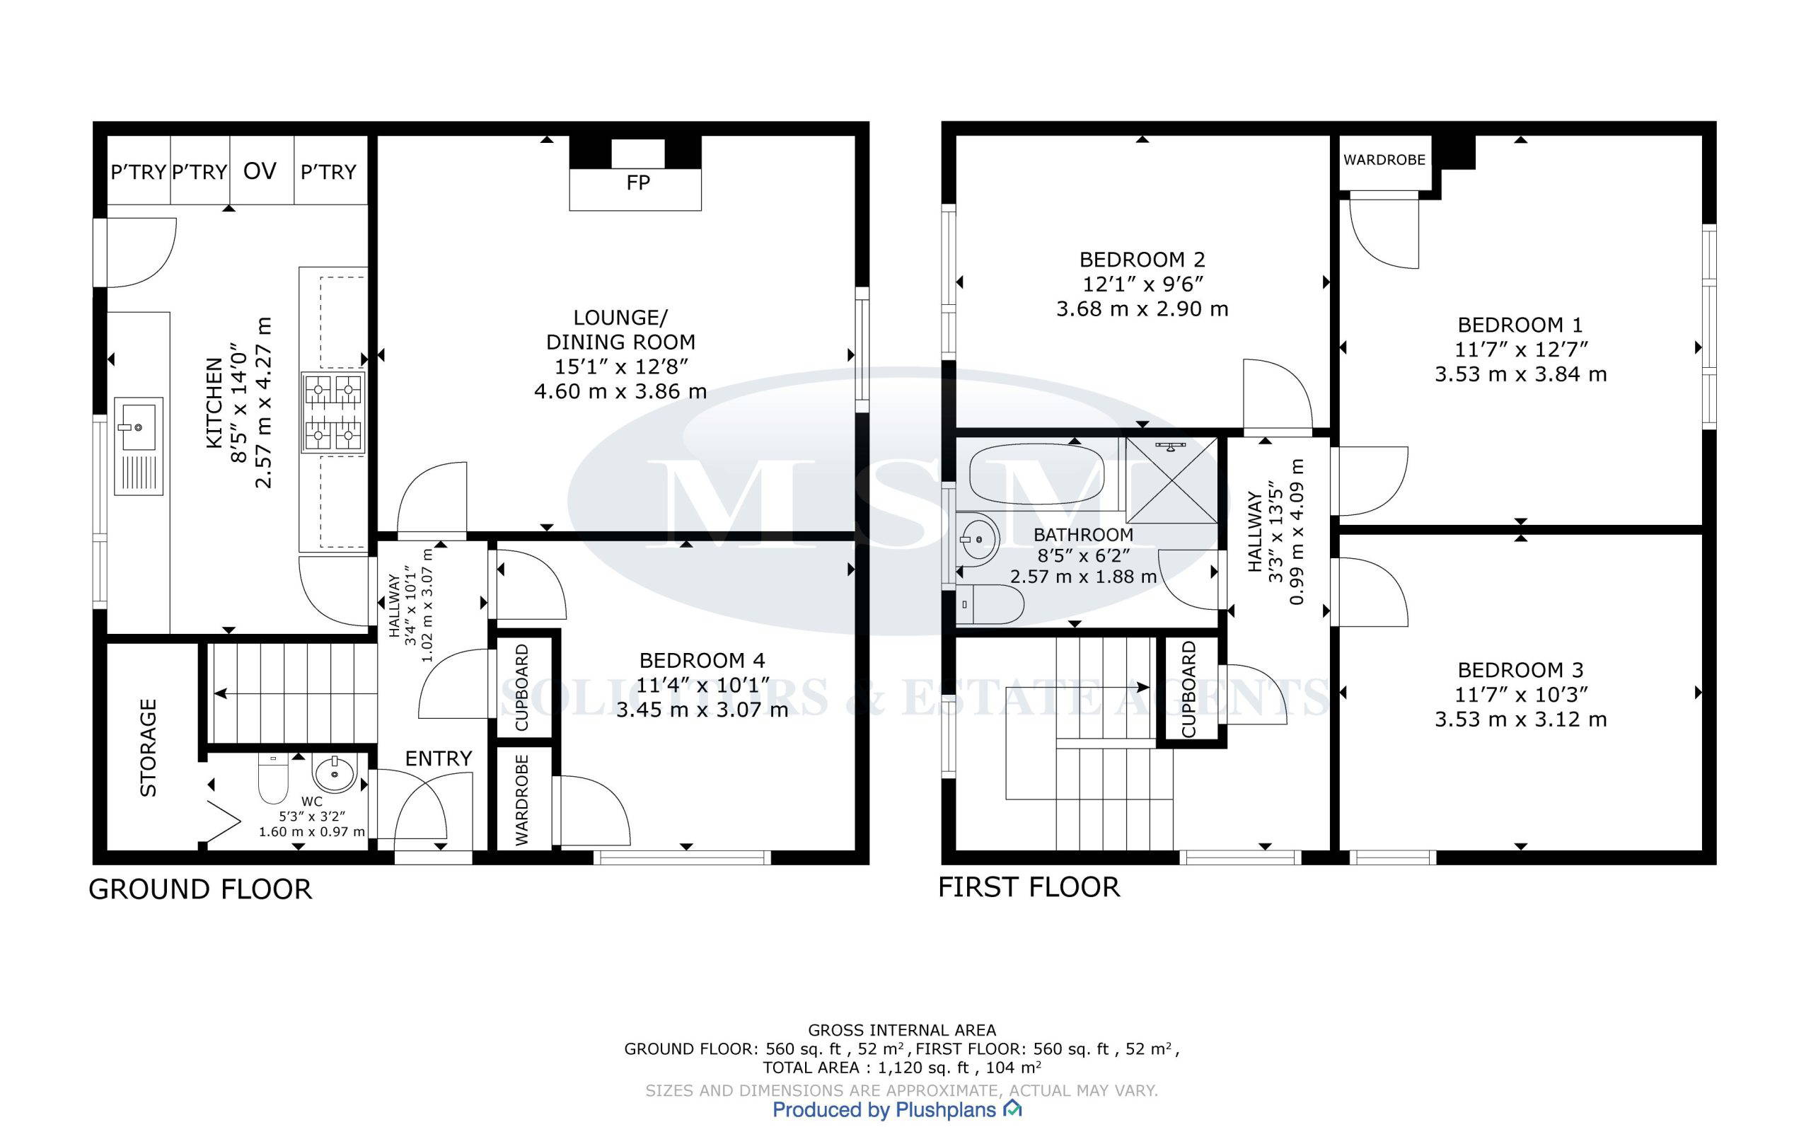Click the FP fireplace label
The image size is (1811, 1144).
tap(638, 183)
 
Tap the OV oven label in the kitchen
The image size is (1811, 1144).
tap(260, 171)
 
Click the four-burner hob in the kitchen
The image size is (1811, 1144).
tap(333, 413)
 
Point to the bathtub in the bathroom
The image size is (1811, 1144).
tap(1037, 475)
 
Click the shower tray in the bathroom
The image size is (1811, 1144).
tap(1171, 480)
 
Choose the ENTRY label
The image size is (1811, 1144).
tap(439, 758)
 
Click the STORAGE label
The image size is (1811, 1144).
tap(149, 748)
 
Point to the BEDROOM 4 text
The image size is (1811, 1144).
tap(702, 660)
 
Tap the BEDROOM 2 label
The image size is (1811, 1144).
tap(1142, 260)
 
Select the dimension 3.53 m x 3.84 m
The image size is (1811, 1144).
tap(1521, 374)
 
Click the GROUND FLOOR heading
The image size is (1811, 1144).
tap(200, 890)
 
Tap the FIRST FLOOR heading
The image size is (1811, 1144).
tap(1029, 887)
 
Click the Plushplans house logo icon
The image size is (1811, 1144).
tap(1012, 1109)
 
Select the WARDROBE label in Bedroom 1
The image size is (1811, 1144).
tap(1384, 160)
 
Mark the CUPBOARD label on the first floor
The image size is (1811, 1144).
tap(1189, 690)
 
